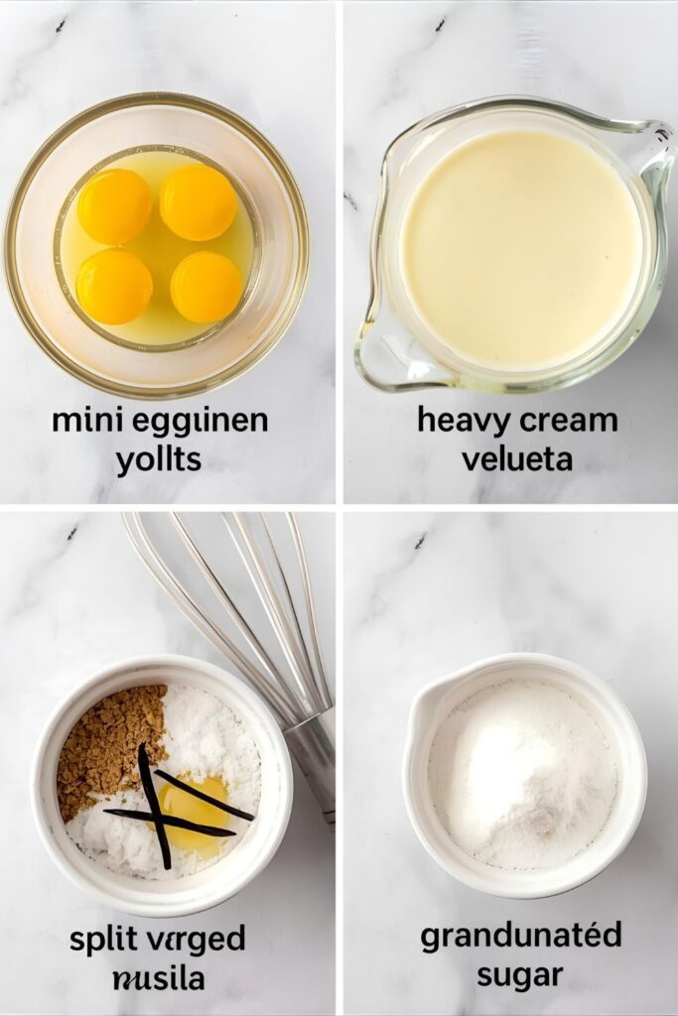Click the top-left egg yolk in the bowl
(x=114, y=205)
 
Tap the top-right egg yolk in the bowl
(x=199, y=202)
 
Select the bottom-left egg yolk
(x=114, y=287)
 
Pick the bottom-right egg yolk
(x=205, y=287)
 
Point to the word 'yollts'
(x=159, y=459)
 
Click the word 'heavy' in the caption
(x=461, y=421)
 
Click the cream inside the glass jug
(x=520, y=247)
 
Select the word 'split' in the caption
(x=103, y=940)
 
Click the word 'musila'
(x=159, y=978)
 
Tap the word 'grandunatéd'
(x=520, y=937)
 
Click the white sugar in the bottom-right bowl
(x=520, y=773)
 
